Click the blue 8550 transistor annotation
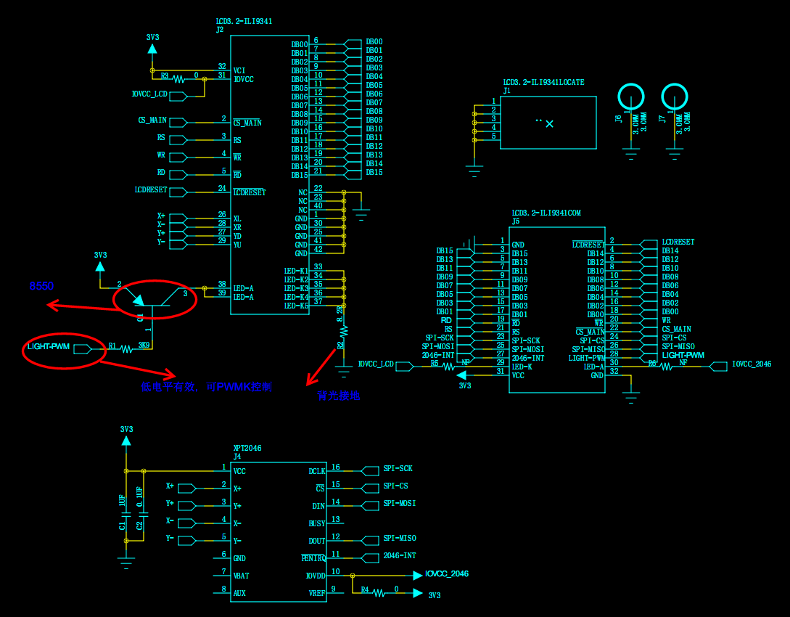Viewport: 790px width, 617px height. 41,287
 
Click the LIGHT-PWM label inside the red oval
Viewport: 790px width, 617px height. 49,347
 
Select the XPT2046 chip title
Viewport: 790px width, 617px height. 247,449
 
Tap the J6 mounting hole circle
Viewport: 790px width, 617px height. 630,97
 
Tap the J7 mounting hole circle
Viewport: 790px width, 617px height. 675,97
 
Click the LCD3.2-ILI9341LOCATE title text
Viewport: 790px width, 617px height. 543,83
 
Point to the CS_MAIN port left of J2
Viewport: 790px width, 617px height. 152,120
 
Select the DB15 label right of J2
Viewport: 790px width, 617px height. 374,173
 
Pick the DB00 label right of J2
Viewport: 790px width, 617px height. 374,42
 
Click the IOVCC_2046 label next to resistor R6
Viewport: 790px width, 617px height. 752,364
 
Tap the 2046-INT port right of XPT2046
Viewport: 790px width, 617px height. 400,556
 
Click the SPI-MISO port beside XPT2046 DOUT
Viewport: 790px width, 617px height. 400,539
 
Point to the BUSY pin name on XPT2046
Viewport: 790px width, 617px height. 316,523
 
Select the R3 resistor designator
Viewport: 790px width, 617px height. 165,75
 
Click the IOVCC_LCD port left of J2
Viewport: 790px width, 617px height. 149,94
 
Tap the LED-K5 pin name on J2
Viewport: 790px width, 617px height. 296,306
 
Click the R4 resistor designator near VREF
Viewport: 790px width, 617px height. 365,590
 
